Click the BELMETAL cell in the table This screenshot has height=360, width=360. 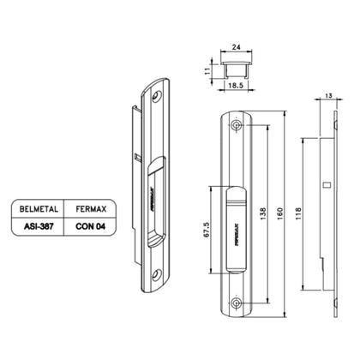click(39, 209)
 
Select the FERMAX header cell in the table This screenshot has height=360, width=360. click(91, 209)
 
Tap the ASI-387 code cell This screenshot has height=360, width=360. click(39, 226)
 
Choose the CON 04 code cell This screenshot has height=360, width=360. click(91, 226)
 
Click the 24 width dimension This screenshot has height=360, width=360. click(236, 47)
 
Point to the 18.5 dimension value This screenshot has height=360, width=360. click(236, 85)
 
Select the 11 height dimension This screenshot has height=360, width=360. click(208, 70)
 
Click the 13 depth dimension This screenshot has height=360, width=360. click(328, 95)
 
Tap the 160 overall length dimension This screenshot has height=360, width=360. click(280, 213)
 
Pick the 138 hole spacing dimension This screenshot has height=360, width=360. click(263, 213)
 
